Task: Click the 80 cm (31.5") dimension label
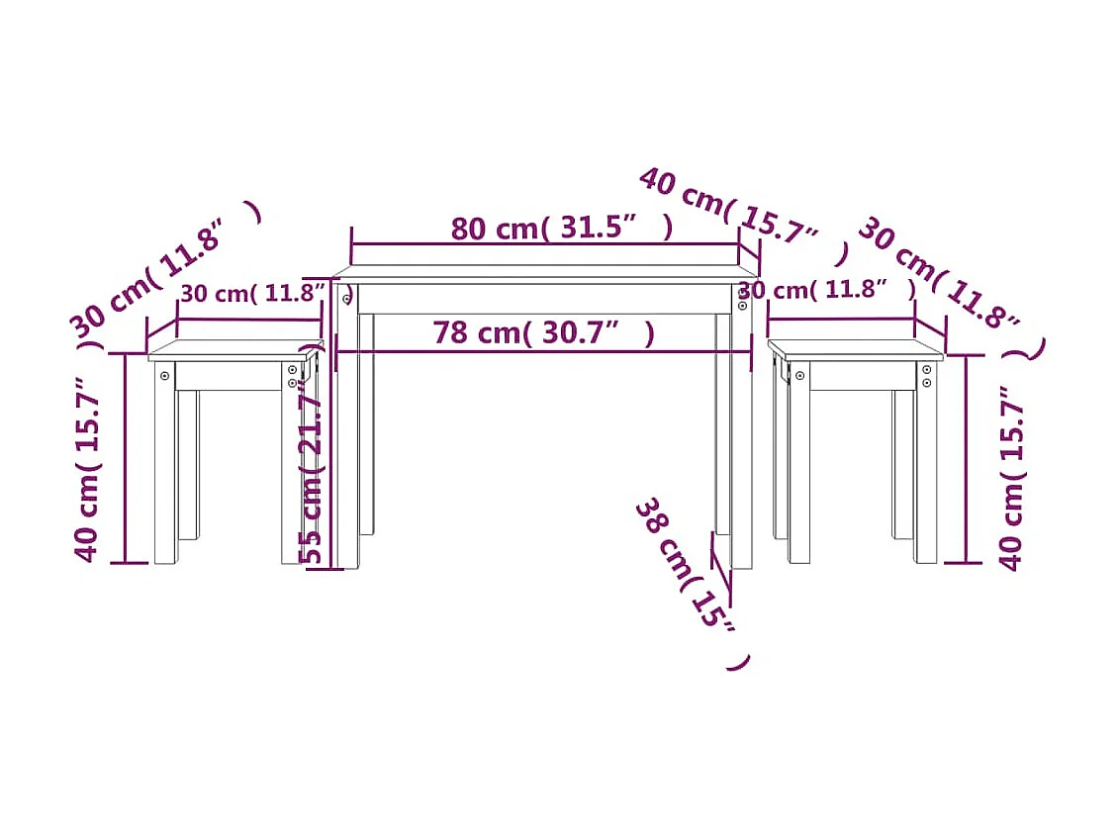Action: pyautogui.click(x=561, y=229)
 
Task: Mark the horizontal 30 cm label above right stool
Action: pyautogui.click(x=826, y=290)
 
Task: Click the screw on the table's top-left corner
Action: pyautogui.click(x=346, y=297)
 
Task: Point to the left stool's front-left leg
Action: pyautogui.click(x=164, y=465)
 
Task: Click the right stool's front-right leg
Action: pyautogui.click(x=926, y=465)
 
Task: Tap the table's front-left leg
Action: pyautogui.click(x=347, y=435)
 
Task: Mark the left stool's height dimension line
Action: pyautogui.click(x=126, y=460)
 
